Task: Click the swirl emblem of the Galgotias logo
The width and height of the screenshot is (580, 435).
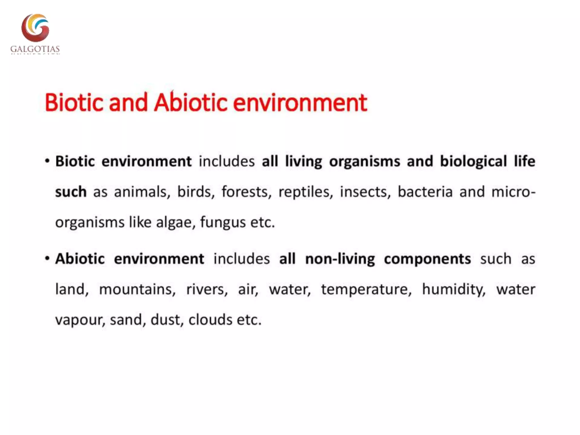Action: (x=35, y=28)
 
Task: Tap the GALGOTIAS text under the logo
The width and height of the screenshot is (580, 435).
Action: (x=35, y=49)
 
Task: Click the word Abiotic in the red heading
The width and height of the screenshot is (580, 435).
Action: (x=191, y=103)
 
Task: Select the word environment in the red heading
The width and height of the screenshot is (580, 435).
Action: (x=300, y=103)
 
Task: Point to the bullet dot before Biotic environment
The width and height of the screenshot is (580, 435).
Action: (x=47, y=161)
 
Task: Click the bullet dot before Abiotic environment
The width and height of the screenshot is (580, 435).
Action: (x=47, y=259)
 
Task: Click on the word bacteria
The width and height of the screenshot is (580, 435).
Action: (x=425, y=192)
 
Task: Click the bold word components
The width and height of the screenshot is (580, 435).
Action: (x=427, y=259)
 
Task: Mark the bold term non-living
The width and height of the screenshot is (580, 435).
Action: (x=340, y=259)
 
